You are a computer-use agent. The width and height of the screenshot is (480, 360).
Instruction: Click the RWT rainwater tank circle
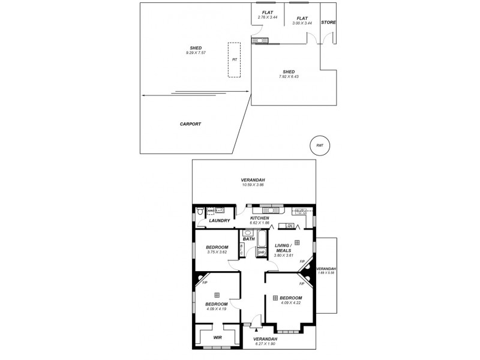pos(319,146)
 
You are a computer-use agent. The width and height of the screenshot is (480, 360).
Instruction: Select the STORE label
pos(328,22)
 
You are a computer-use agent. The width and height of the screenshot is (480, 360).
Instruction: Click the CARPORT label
pos(190,124)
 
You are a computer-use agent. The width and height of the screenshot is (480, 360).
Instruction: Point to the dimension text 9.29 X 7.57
pos(196,53)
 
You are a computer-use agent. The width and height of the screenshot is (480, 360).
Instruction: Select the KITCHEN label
pos(260,218)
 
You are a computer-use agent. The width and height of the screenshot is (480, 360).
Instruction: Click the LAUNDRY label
pos(220,221)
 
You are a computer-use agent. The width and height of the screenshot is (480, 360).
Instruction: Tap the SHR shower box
pos(261,253)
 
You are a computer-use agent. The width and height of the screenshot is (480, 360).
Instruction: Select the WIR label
pos(218,337)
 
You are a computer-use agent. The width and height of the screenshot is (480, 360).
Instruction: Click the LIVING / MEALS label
pos(283,248)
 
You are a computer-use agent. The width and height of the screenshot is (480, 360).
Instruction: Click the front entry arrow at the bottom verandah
pos(257,328)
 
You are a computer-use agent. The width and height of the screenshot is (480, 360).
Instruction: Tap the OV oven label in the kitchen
pos(289,226)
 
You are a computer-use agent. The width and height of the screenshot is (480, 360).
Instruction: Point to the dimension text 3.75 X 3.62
pos(217,253)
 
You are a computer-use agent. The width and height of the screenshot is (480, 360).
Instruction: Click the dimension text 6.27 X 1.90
pos(265,343)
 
